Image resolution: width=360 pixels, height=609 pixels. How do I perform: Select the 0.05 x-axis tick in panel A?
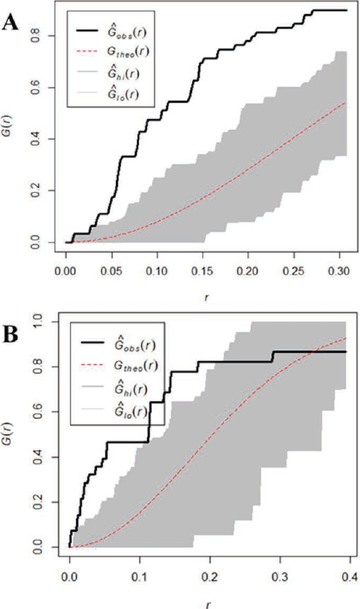(111, 273)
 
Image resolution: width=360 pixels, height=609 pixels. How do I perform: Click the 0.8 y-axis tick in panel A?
(43, 36)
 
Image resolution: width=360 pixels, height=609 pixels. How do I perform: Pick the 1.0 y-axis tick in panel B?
(43, 323)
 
